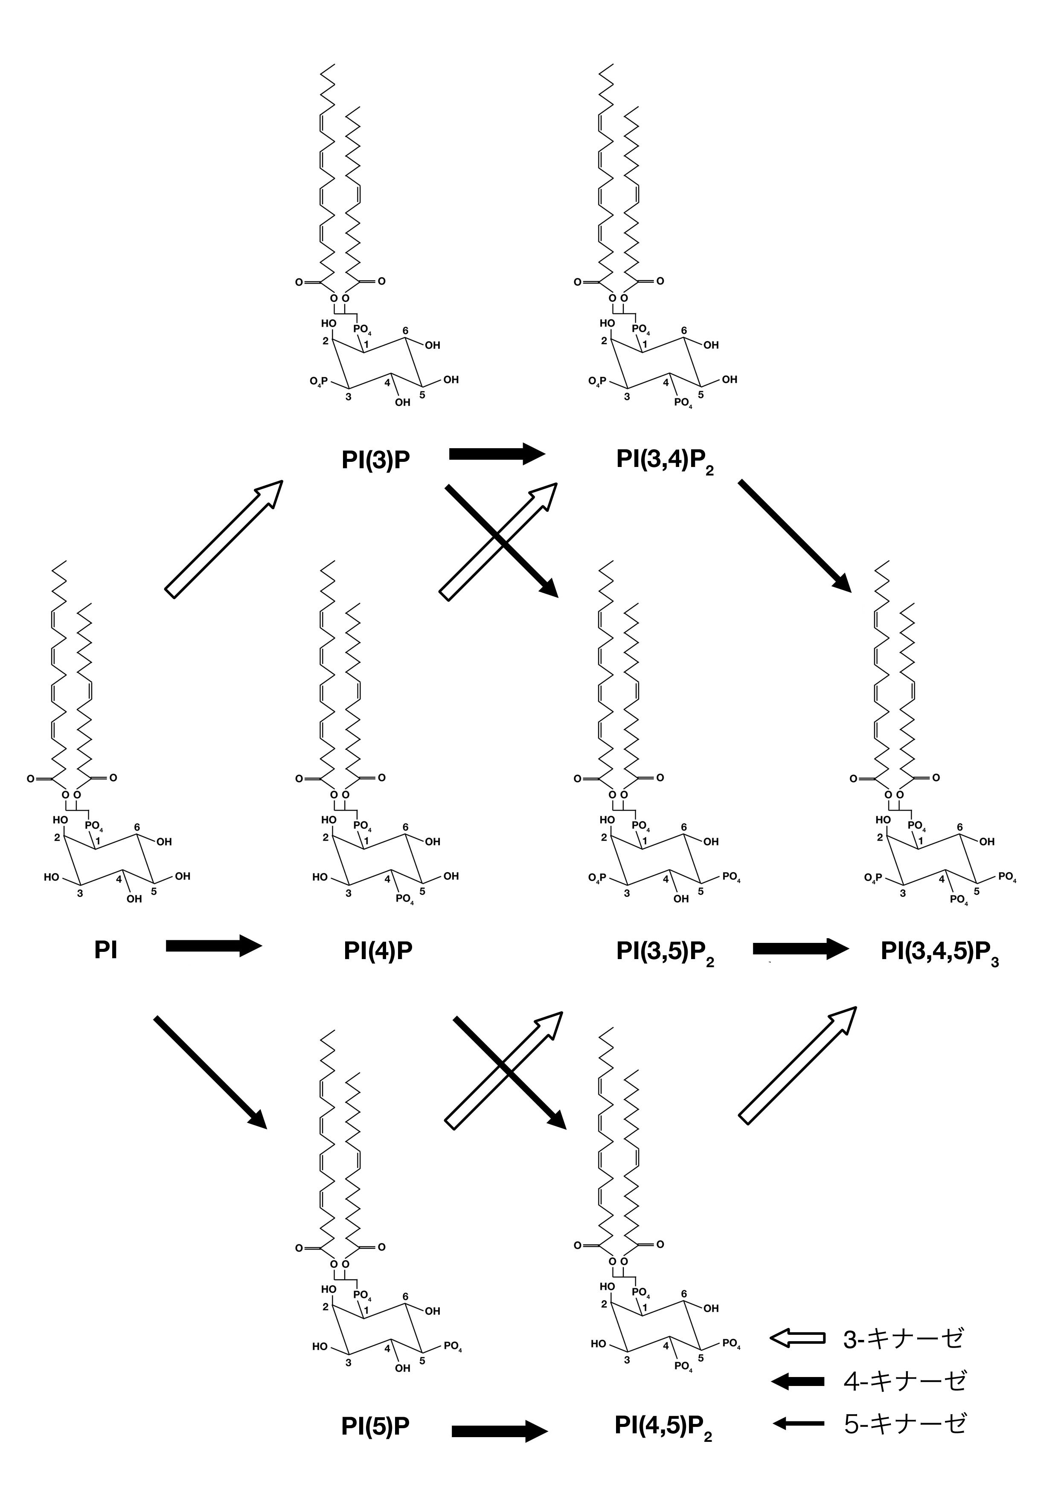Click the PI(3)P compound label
375,460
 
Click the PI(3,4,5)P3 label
939,952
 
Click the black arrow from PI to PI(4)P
214,945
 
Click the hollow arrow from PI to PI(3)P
224,539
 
